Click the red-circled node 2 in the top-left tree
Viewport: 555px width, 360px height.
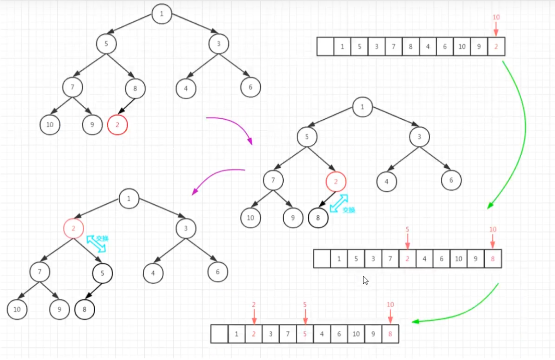tap(117, 125)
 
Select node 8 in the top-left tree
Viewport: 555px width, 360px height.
tap(135, 88)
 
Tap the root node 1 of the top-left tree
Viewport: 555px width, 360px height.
tap(162, 14)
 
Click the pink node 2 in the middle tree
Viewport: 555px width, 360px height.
tap(336, 182)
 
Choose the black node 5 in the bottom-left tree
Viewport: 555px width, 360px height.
tap(103, 273)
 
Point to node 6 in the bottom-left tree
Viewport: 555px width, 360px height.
tap(218, 272)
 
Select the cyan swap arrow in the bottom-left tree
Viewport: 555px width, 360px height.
tap(97, 244)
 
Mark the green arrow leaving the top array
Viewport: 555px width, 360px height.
tap(520, 134)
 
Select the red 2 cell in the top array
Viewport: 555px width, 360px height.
tap(496, 46)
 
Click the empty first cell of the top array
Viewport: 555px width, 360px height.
tap(325, 46)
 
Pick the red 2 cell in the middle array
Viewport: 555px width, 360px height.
tap(407, 259)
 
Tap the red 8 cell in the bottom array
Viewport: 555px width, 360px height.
tap(390, 334)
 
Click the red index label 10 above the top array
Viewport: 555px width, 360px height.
tap(496, 18)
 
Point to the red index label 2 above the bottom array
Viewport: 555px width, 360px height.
tap(254, 305)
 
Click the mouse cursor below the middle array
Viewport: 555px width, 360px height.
tap(366, 280)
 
